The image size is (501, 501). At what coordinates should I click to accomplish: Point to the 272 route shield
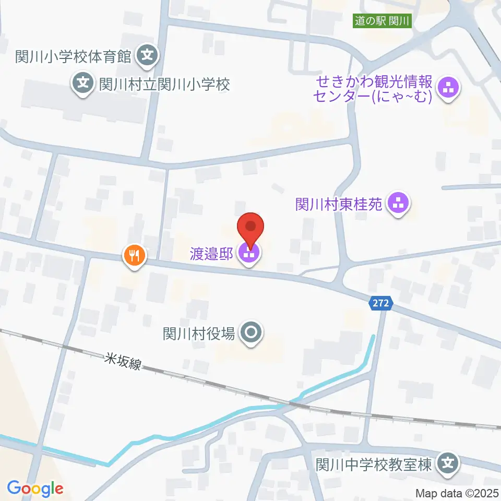click(381, 303)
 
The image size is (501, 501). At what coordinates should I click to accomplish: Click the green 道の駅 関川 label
click(383, 21)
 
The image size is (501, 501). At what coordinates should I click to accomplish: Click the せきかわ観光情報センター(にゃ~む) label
click(373, 89)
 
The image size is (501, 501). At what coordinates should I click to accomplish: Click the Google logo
click(35, 489)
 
